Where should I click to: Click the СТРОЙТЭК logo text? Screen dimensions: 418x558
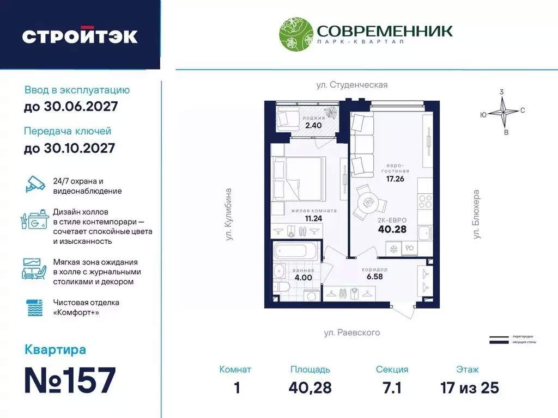coord(80,36)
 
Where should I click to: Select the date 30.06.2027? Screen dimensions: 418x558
coord(71,107)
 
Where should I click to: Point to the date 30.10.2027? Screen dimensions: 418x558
coord(70,147)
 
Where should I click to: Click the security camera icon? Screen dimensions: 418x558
coord(37,185)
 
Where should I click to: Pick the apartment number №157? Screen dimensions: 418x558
coord(70,380)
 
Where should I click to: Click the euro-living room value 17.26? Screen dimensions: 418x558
coord(395,179)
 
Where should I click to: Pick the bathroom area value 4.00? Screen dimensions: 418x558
coord(303,277)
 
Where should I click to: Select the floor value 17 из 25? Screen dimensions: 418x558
coord(469,388)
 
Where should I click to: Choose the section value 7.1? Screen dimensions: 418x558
coord(392,388)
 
